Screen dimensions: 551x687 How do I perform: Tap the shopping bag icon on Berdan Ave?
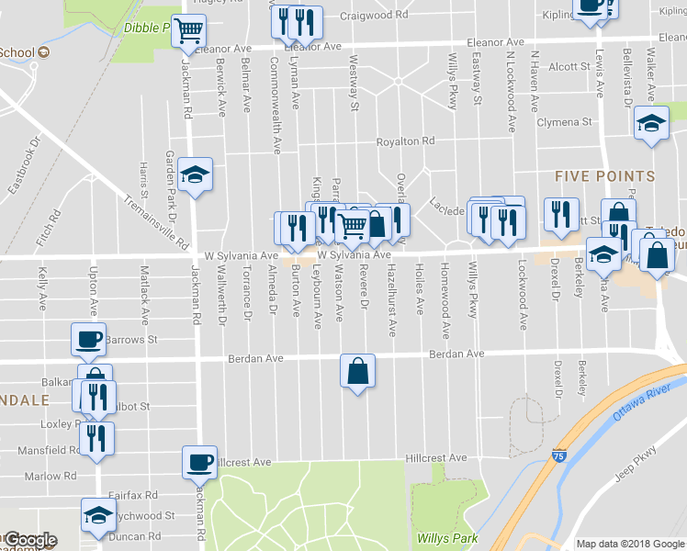point(357,372)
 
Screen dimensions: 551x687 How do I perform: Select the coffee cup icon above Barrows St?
point(89,339)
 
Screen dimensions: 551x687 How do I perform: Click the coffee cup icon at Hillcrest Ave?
point(199,463)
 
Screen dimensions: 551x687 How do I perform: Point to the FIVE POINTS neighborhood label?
point(604,176)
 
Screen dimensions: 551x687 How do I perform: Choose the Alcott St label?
point(569,66)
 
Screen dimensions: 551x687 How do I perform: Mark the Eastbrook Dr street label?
point(24,166)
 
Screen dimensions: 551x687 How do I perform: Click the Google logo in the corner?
point(29,540)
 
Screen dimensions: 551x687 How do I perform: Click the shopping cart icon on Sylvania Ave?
point(352,224)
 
